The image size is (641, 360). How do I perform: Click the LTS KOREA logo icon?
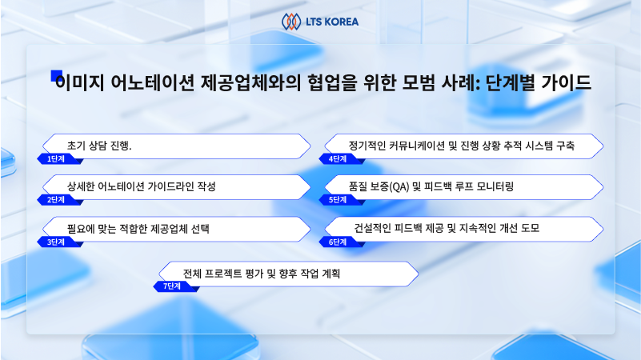(x=291, y=22)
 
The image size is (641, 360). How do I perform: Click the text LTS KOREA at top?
(x=332, y=22)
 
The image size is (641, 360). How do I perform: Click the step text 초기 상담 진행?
(x=99, y=146)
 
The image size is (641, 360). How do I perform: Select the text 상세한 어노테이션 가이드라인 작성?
(x=142, y=186)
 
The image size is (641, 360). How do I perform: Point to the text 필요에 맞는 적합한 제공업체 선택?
(x=138, y=229)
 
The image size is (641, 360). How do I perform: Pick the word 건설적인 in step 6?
(x=372, y=228)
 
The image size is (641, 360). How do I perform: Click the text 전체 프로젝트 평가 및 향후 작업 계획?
(x=262, y=274)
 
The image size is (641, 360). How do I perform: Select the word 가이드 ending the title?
(x=567, y=82)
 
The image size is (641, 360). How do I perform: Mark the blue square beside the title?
(x=56, y=76)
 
